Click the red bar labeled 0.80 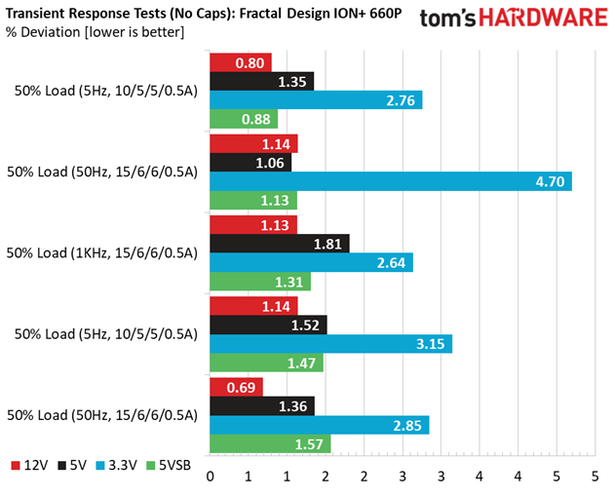(241, 62)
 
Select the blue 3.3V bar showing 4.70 (391, 181)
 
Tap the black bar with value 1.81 (280, 244)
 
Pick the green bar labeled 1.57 (270, 443)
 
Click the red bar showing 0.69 (237, 387)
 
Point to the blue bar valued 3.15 (331, 344)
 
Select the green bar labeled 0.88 (244, 119)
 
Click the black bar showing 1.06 (250, 163)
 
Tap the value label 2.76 (401, 100)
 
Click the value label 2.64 (391, 263)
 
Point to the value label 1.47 (301, 364)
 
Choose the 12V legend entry (30, 466)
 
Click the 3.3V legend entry (117, 466)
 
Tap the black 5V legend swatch (62, 466)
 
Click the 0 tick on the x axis (211, 477)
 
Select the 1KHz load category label (102, 253)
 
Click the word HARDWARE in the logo (543, 18)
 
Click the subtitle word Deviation (51, 32)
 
